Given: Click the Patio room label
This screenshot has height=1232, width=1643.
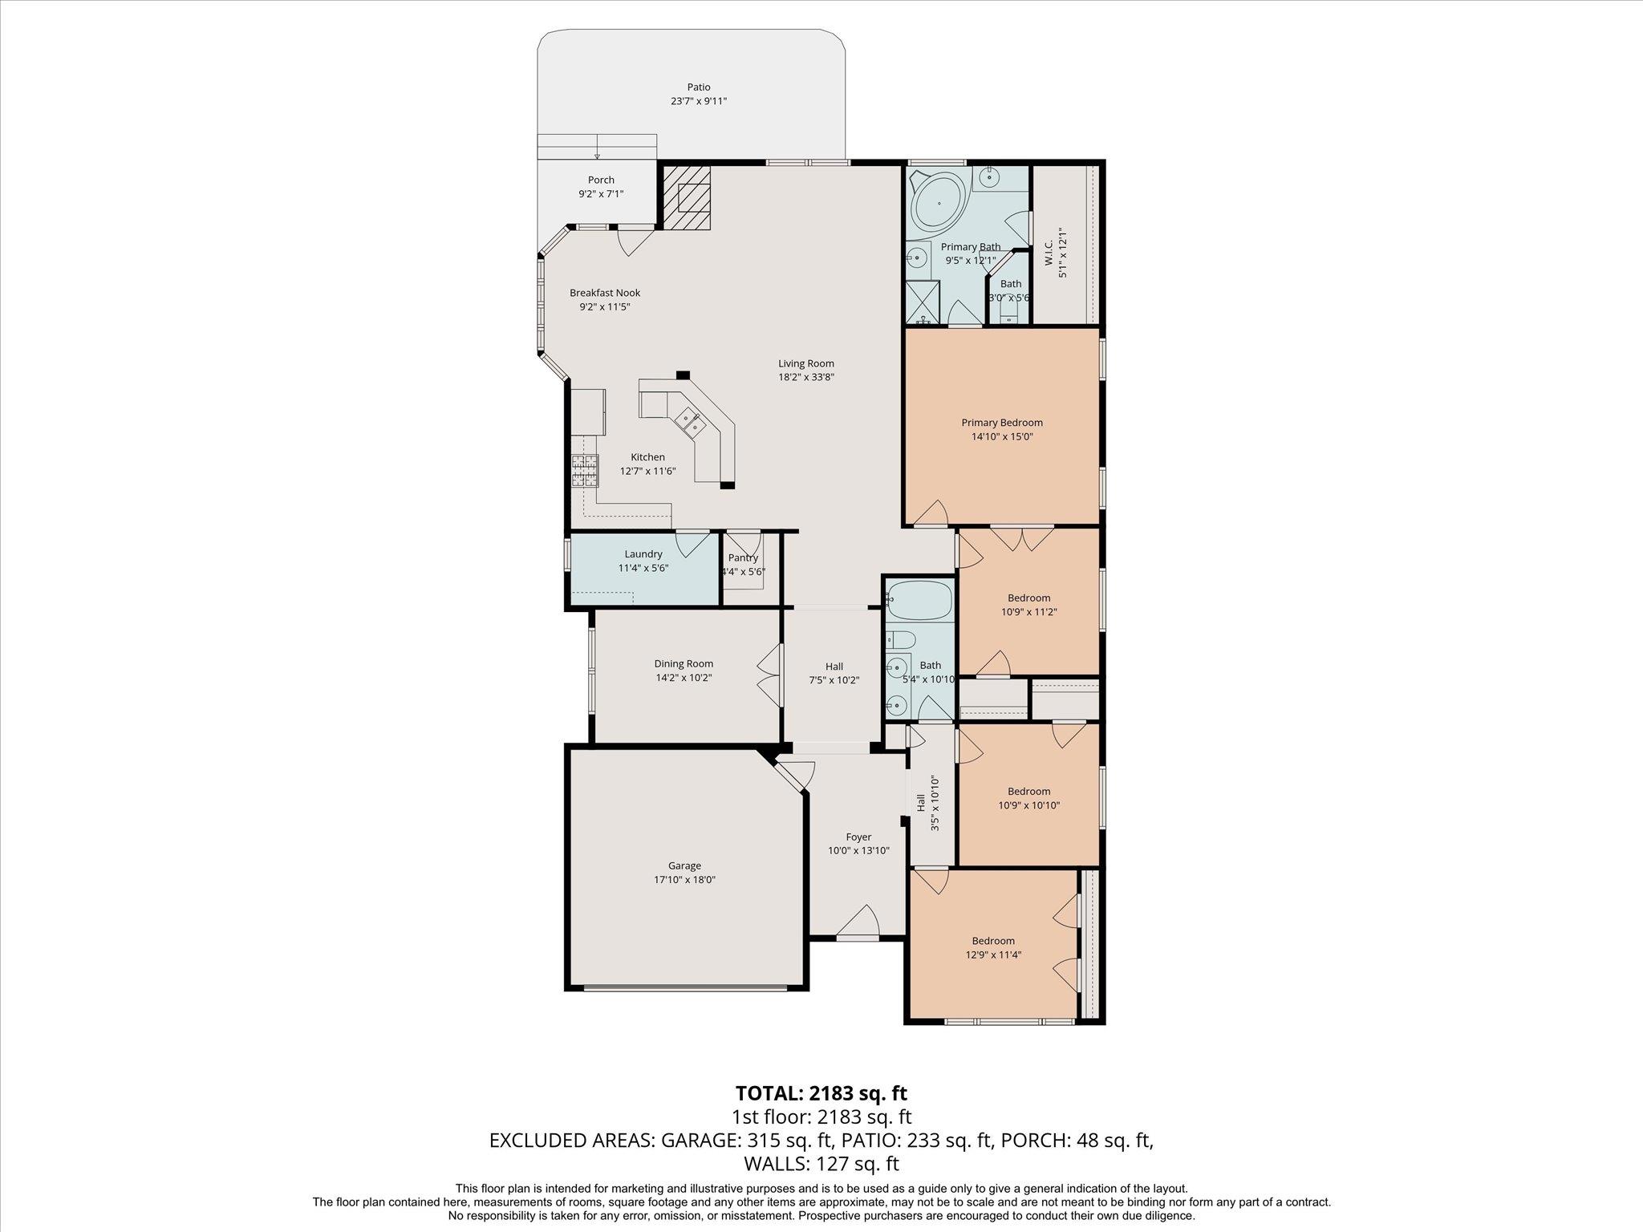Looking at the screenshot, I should (x=698, y=87).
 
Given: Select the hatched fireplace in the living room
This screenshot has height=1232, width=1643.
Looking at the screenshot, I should (x=686, y=197).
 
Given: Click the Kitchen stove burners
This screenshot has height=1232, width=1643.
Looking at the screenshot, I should (x=585, y=471).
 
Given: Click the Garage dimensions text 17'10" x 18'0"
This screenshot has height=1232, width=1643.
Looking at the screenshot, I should (x=684, y=880).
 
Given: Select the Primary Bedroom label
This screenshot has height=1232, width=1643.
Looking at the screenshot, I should (x=1002, y=423).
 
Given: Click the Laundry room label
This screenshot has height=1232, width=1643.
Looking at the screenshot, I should (x=643, y=554).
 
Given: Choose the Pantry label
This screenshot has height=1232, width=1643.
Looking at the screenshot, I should (x=743, y=558).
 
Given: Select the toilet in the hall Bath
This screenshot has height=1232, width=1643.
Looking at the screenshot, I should (x=902, y=640).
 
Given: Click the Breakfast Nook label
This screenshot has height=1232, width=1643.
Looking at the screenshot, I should (x=605, y=293).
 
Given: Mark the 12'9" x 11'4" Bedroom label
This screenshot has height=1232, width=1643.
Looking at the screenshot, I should (x=993, y=941).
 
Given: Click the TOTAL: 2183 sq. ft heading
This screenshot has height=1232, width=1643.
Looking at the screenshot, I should (x=821, y=1093).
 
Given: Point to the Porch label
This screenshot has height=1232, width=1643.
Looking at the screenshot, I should (x=601, y=180).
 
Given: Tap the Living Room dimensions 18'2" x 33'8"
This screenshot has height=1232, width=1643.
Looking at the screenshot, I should (x=806, y=377).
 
